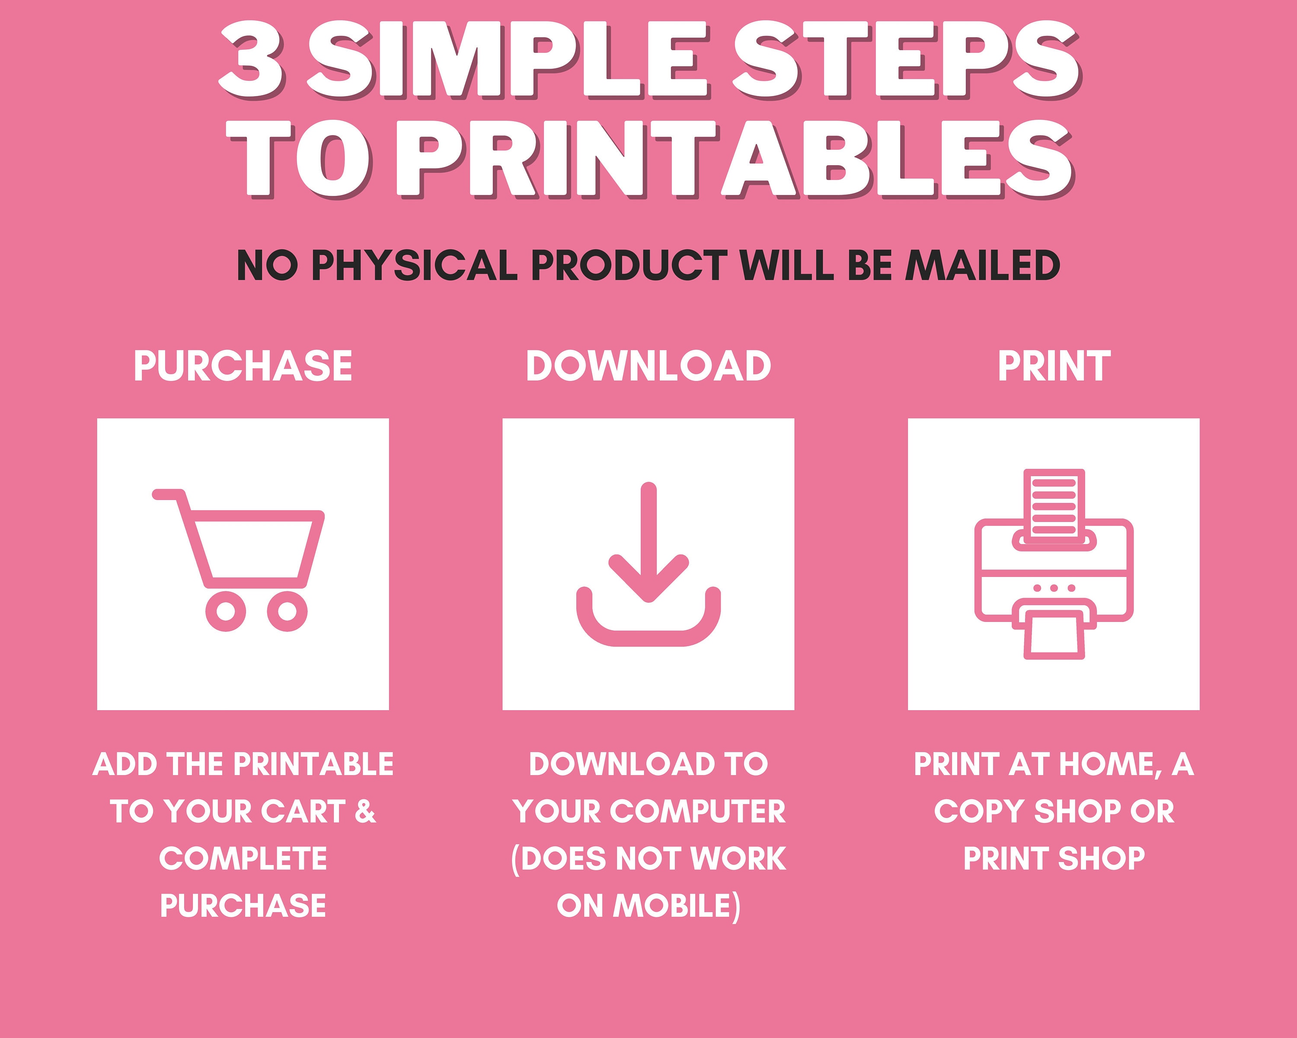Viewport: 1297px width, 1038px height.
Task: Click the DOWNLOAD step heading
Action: click(x=648, y=366)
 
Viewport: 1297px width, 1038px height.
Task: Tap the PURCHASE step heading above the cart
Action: click(x=243, y=366)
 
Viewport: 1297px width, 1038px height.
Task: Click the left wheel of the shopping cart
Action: click(x=226, y=611)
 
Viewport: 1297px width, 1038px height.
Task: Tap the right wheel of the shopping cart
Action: click(x=287, y=611)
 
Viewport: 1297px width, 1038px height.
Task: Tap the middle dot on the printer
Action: click(x=1054, y=588)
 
